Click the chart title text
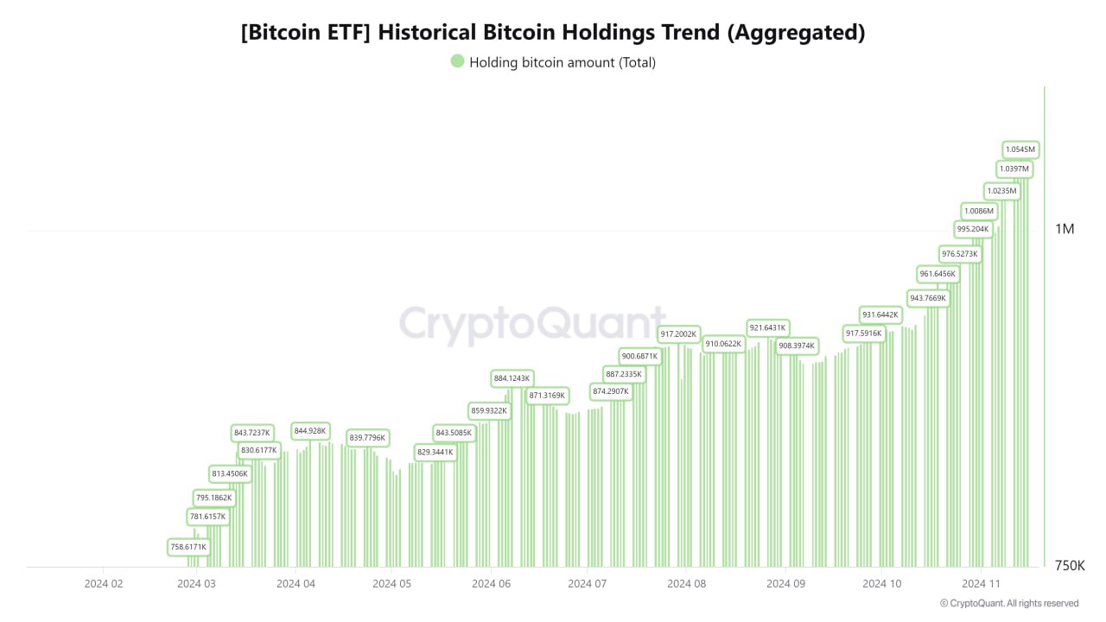click(553, 33)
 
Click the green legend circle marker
click(457, 61)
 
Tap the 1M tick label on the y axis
click(1065, 229)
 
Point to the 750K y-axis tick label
click(1070, 566)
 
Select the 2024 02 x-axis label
click(104, 584)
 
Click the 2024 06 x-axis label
click(491, 584)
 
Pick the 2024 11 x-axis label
click(982, 584)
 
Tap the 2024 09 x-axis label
click(785, 584)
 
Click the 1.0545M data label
click(1020, 149)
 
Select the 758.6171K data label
click(188, 547)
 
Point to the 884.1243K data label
click(512, 378)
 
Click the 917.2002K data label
click(678, 333)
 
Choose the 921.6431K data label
click(767, 328)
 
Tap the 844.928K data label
click(310, 430)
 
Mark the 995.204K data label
click(972, 229)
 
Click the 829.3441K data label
click(435, 452)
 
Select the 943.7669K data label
click(928, 298)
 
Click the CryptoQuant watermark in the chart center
click(532, 326)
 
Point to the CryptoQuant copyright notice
click(1008, 603)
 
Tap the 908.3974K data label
click(796, 346)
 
